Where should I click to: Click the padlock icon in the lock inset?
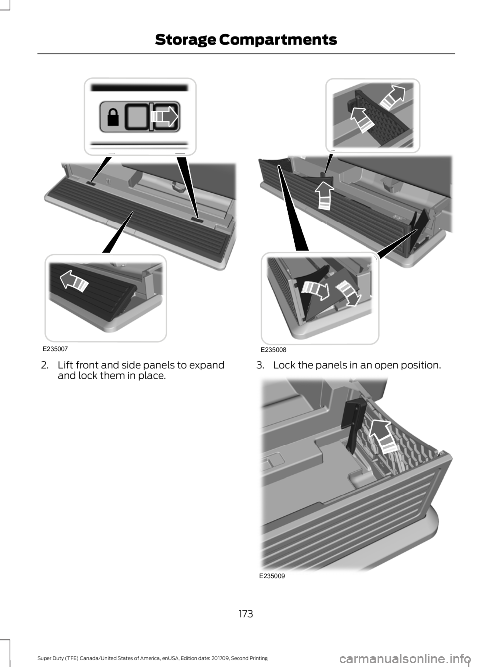tap(112, 117)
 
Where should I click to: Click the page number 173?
tap(245, 613)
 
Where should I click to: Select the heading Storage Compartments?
tap(245, 39)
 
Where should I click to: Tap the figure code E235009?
tap(272, 575)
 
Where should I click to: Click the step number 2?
tap(44, 365)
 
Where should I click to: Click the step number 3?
tap(260, 365)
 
